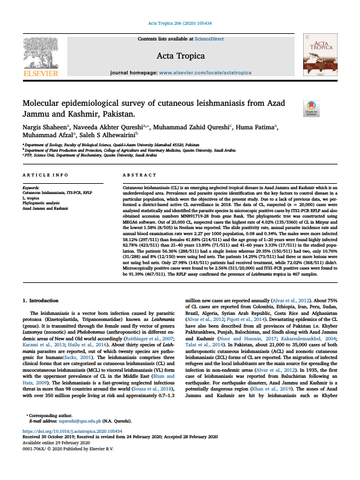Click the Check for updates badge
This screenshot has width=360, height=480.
click(312, 108)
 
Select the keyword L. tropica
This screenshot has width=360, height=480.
click(31, 198)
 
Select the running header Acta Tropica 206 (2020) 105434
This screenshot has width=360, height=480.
click(180, 24)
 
